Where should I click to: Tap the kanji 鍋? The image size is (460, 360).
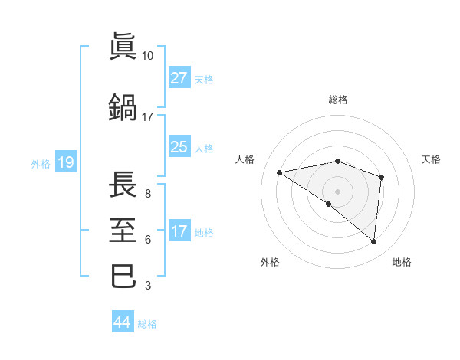123,106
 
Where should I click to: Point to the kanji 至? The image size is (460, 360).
123,227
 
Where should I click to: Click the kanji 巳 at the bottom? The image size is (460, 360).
123,275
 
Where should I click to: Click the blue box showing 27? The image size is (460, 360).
179,78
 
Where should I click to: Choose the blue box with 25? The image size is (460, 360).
179,147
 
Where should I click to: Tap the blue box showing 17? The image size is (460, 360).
179,231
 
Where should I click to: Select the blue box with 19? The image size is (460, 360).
65,162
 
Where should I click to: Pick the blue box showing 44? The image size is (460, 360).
122,322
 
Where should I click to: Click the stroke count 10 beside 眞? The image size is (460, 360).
148,56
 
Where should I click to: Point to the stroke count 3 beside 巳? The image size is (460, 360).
148,286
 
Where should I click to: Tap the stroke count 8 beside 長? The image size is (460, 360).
148,194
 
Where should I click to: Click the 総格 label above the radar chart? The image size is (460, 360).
338,100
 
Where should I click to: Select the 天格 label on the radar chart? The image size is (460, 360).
432,159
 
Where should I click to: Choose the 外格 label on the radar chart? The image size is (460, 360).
270,262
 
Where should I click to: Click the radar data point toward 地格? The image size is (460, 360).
373,242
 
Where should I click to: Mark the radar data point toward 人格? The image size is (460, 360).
280,172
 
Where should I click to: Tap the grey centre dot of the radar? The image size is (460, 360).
337,191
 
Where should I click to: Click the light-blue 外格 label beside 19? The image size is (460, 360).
40,163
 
